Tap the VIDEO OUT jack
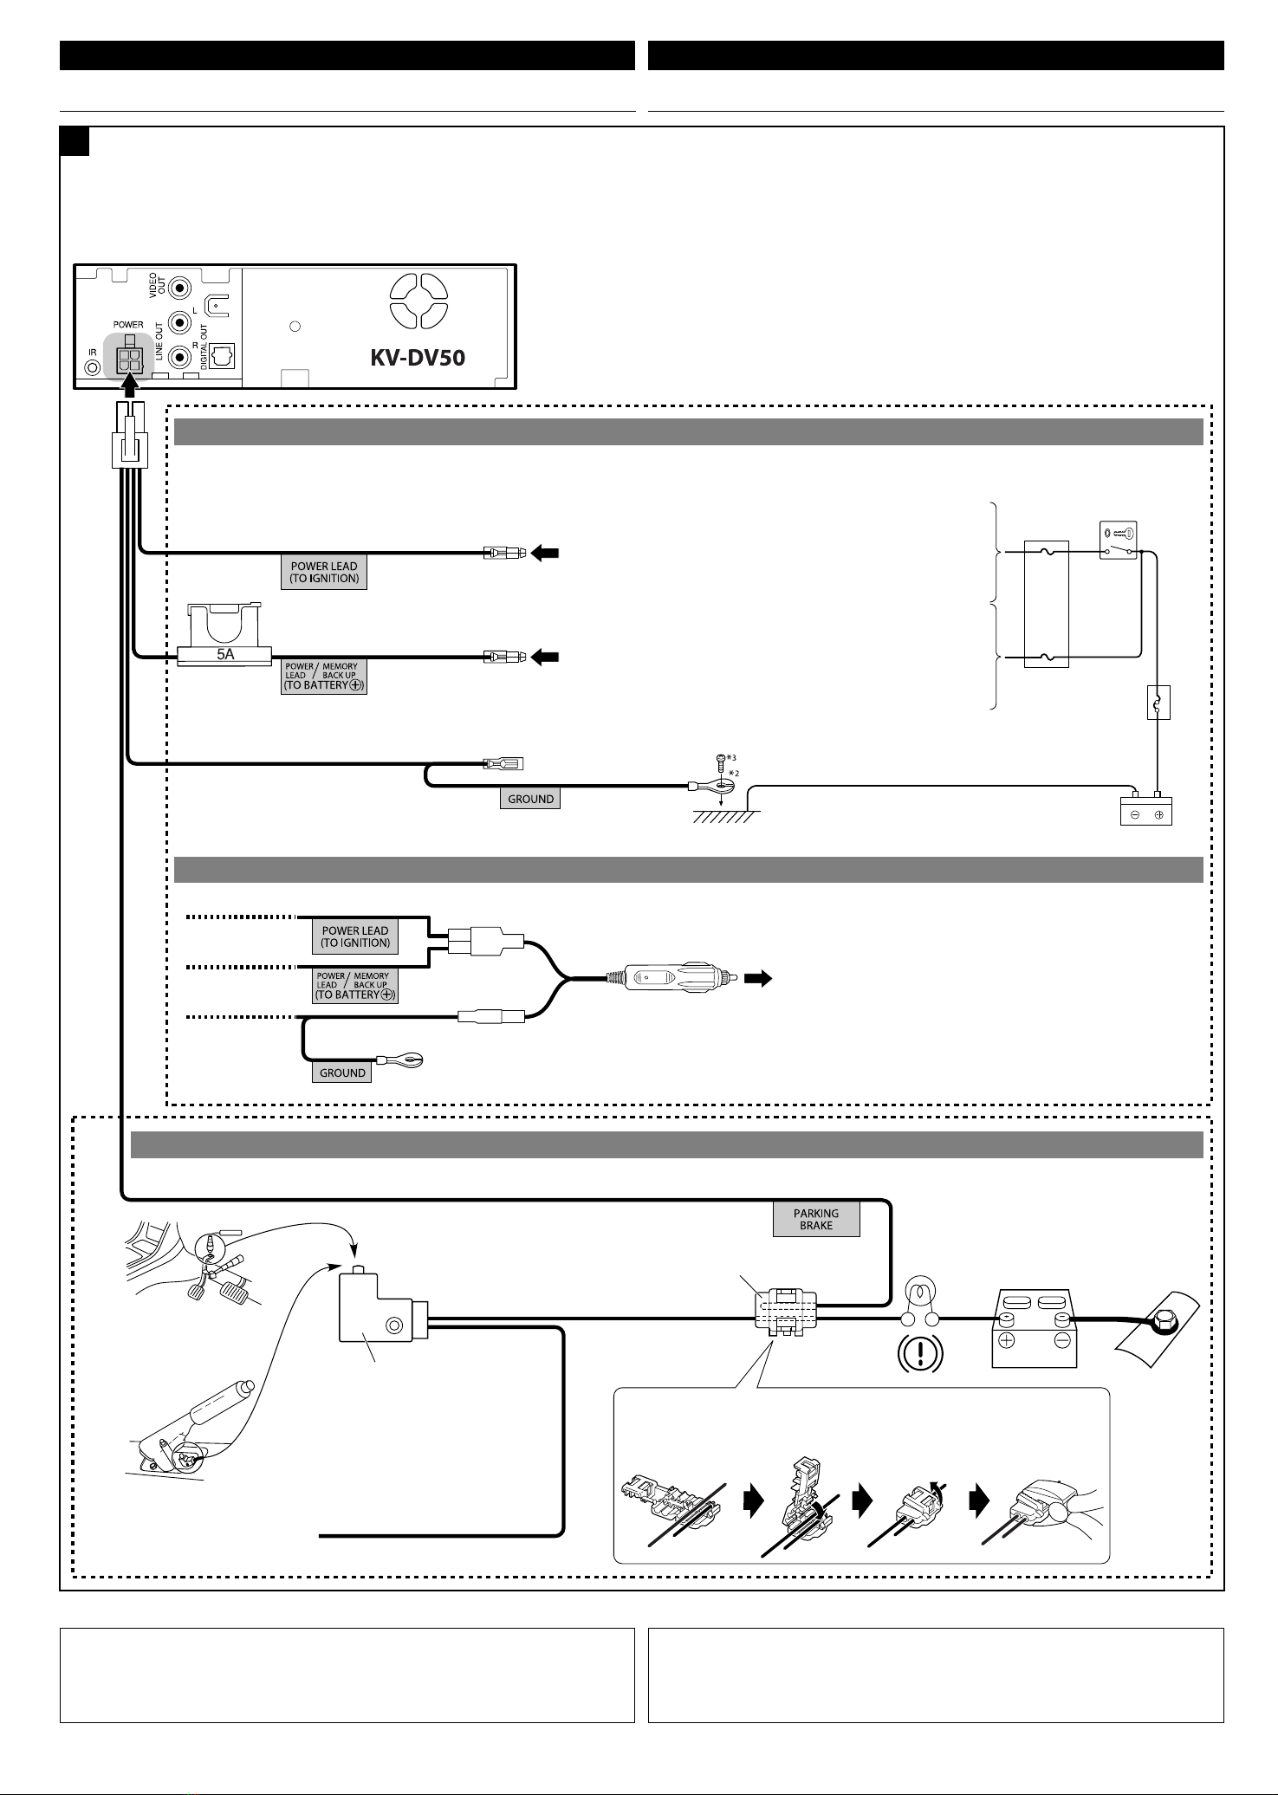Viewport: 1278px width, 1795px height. point(180,288)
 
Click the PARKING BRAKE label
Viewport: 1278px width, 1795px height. point(816,1220)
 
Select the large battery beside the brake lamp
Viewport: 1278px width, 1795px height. point(1034,1331)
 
